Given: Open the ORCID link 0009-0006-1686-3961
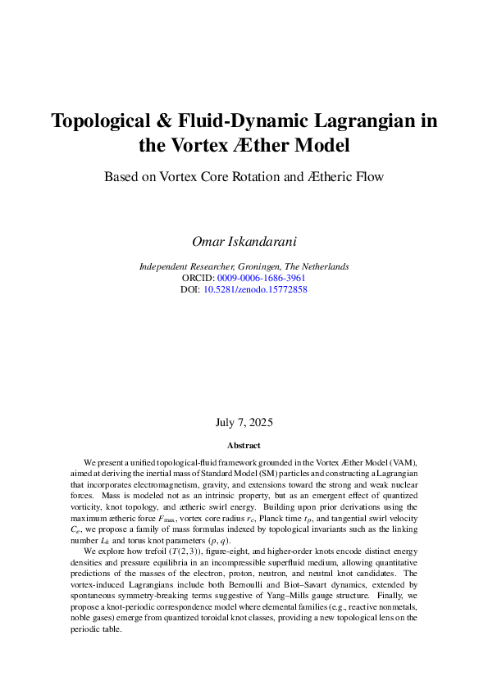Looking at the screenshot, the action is [x=262, y=278].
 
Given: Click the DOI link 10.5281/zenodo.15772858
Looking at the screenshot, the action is [x=255, y=289].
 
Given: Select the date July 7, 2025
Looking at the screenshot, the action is [x=244, y=423].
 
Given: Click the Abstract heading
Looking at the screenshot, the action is [x=244, y=446].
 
